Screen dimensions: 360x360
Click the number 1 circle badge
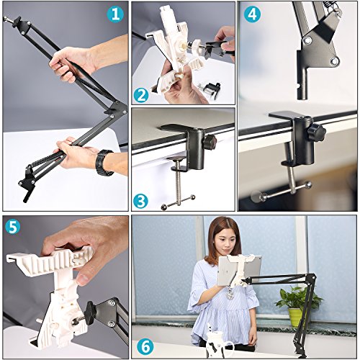point(115,14)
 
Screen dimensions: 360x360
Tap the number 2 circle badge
point(141,95)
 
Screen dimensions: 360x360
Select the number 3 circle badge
point(140,201)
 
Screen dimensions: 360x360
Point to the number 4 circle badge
point(253,14)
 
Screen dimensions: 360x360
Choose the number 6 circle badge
point(145,346)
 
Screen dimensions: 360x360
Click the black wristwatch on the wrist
point(104,162)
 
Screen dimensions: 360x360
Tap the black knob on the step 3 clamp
point(210,142)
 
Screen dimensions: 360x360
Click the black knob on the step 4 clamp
point(317,132)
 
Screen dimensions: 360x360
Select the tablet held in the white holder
point(240,270)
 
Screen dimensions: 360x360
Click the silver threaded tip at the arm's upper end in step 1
point(6,19)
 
